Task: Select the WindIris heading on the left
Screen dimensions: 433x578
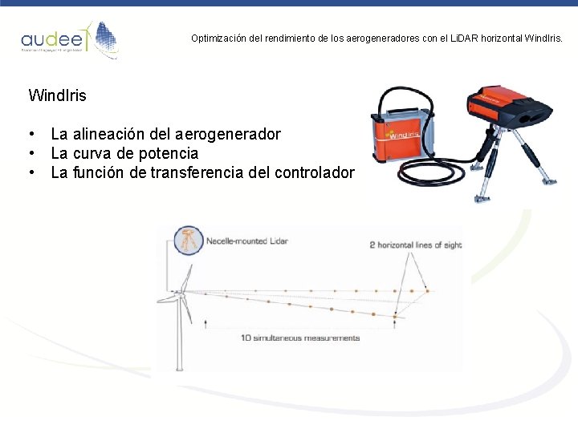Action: pyautogui.click(x=57, y=95)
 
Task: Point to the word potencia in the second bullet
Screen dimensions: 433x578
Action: pyautogui.click(x=168, y=153)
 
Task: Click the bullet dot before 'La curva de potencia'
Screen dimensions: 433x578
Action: pyautogui.click(x=31, y=153)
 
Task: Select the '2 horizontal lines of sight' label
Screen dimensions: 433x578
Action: pyautogui.click(x=415, y=245)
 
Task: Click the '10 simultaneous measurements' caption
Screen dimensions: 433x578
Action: pyautogui.click(x=300, y=338)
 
